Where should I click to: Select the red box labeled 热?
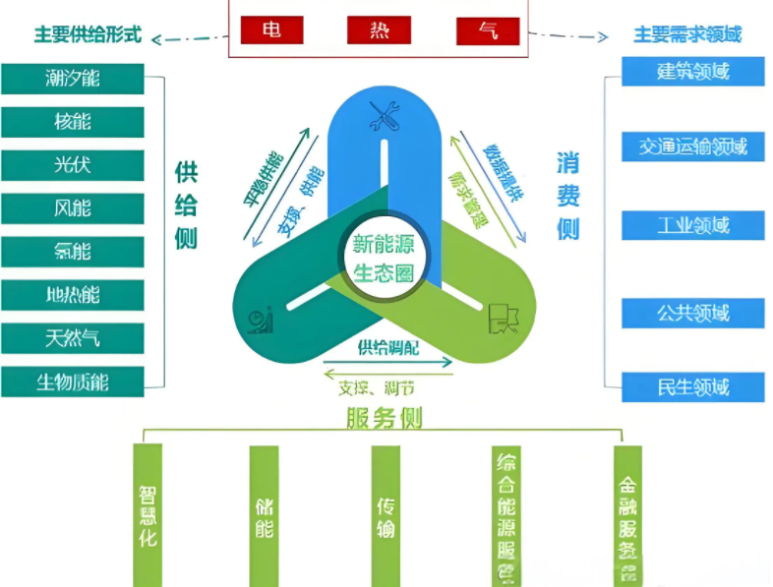tap(379, 29)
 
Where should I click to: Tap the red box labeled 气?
tap(487, 30)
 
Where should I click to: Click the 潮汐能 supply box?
tap(73, 79)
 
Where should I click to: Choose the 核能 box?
tap(73, 122)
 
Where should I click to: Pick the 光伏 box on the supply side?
tap(73, 165)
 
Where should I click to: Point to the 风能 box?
tap(73, 208)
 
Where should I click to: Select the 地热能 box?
tap(73, 295)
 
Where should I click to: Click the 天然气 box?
tap(73, 339)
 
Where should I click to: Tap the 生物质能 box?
tap(73, 382)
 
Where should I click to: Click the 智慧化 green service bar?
tap(148, 514)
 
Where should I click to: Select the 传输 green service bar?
tap(386, 514)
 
